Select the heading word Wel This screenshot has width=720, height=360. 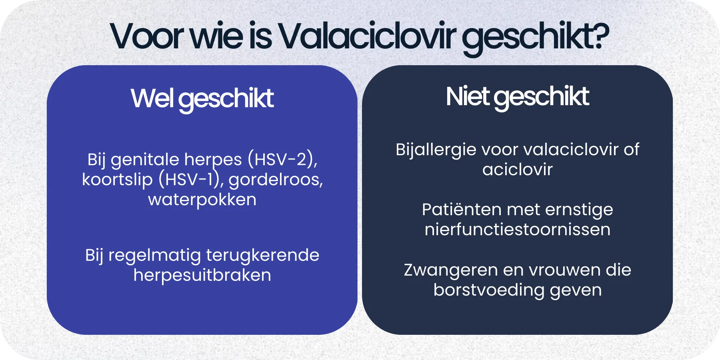pyautogui.click(x=152, y=98)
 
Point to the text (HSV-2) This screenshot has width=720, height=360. pyautogui.click(x=282, y=160)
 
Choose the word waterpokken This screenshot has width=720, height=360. pyautogui.click(x=202, y=199)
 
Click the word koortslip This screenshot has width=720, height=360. pyautogui.click(x=117, y=180)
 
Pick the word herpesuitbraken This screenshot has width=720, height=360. pyautogui.click(x=202, y=275)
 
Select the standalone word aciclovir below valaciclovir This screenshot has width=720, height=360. pyautogui.click(x=517, y=170)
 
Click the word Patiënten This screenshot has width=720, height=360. pyautogui.click(x=461, y=210)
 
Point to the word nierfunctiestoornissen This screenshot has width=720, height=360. pyautogui.click(x=517, y=230)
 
